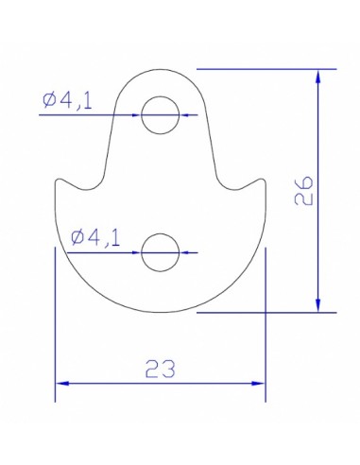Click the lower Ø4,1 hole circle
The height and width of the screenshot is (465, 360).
tap(160, 252)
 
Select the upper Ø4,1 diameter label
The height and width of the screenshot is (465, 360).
tap(67, 99)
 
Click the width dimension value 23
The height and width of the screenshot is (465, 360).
tap(161, 368)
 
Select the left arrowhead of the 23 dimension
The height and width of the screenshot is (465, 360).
tap(62, 383)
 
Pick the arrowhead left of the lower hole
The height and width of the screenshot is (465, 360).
tap(136, 252)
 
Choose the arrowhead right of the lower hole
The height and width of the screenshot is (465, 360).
tap(184, 252)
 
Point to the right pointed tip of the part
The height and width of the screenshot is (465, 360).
tap(264, 180)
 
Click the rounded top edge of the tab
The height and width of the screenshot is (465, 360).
tap(160, 69)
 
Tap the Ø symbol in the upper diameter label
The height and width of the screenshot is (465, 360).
tap(48, 99)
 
